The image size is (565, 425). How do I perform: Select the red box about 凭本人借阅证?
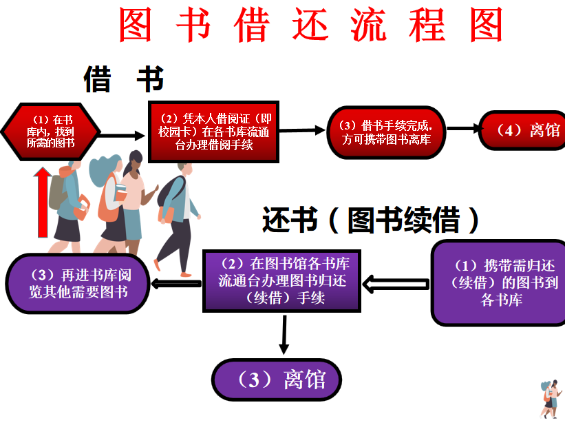213,131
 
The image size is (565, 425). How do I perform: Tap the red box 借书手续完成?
386,132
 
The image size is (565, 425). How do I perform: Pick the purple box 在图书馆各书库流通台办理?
283,280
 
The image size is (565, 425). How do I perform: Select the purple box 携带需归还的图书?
500,283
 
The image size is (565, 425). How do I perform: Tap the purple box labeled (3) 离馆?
277,380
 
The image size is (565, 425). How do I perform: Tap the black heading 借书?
124,80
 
